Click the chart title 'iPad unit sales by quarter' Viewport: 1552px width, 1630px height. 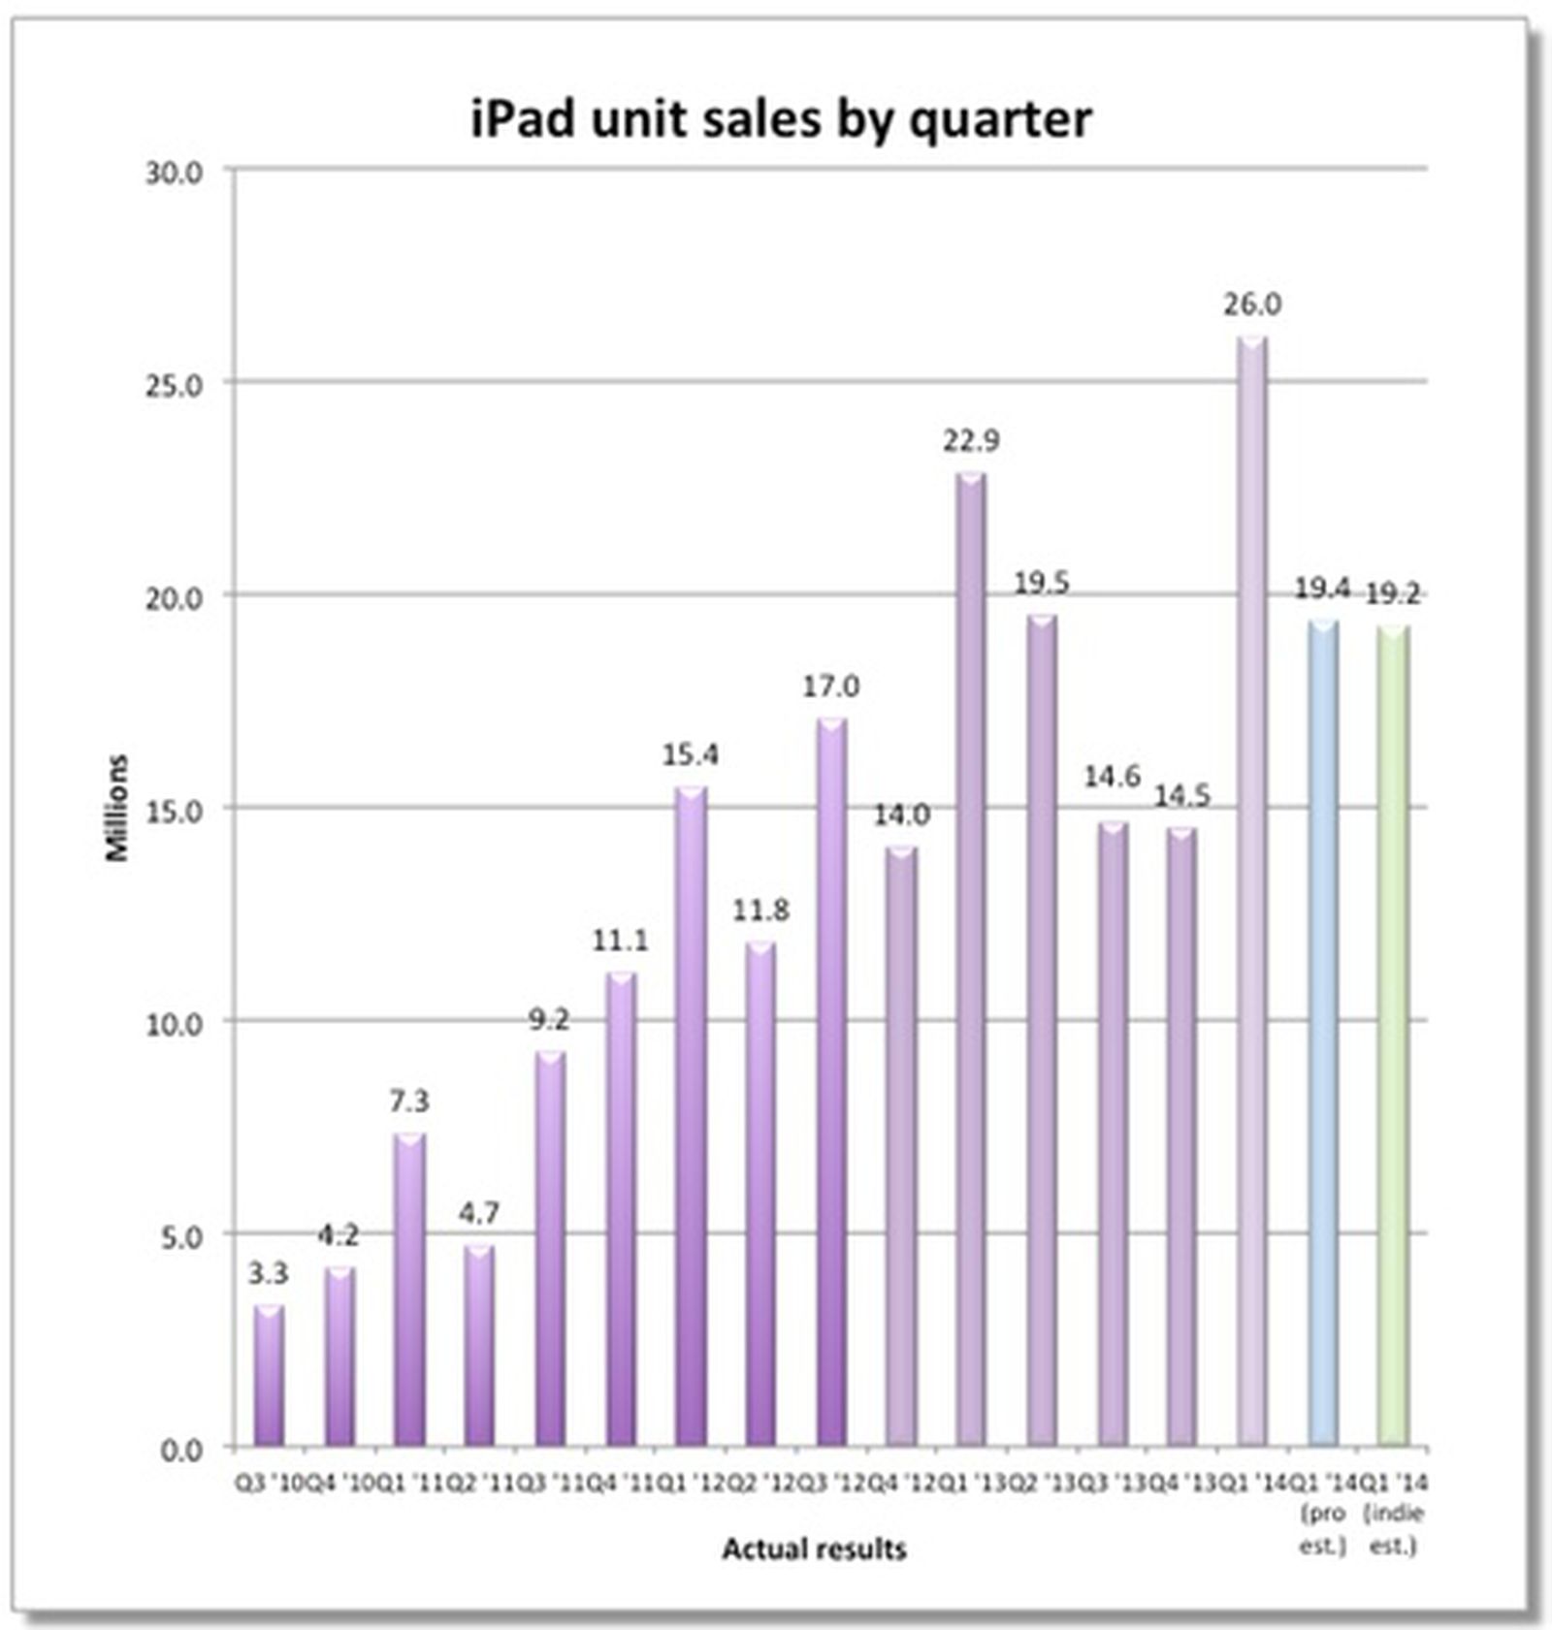(781, 120)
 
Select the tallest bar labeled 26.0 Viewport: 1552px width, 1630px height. (1251, 892)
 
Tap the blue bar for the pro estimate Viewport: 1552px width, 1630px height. (1322, 1033)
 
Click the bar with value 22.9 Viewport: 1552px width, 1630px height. (971, 960)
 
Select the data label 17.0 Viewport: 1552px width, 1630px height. (830, 687)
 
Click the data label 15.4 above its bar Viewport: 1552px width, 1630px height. (691, 754)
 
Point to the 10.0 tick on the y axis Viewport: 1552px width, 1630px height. (175, 1024)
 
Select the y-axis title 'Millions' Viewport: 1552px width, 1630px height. (117, 808)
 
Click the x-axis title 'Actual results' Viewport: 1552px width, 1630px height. (814, 1549)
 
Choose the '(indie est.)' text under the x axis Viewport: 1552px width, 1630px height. (1394, 1528)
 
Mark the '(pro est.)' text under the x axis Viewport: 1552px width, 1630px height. (1323, 1528)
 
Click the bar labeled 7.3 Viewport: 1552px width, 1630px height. (408, 1290)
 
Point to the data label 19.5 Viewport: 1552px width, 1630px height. (1041, 584)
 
